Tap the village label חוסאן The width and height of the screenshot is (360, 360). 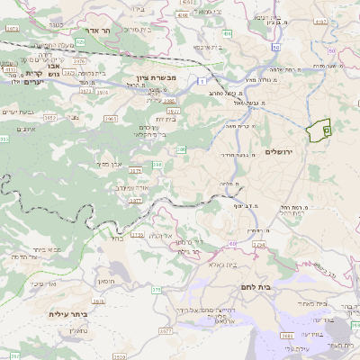point(106,281)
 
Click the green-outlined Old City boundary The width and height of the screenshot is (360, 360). point(319,130)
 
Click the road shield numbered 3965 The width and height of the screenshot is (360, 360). point(112,119)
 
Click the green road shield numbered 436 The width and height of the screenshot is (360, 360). point(227,33)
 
